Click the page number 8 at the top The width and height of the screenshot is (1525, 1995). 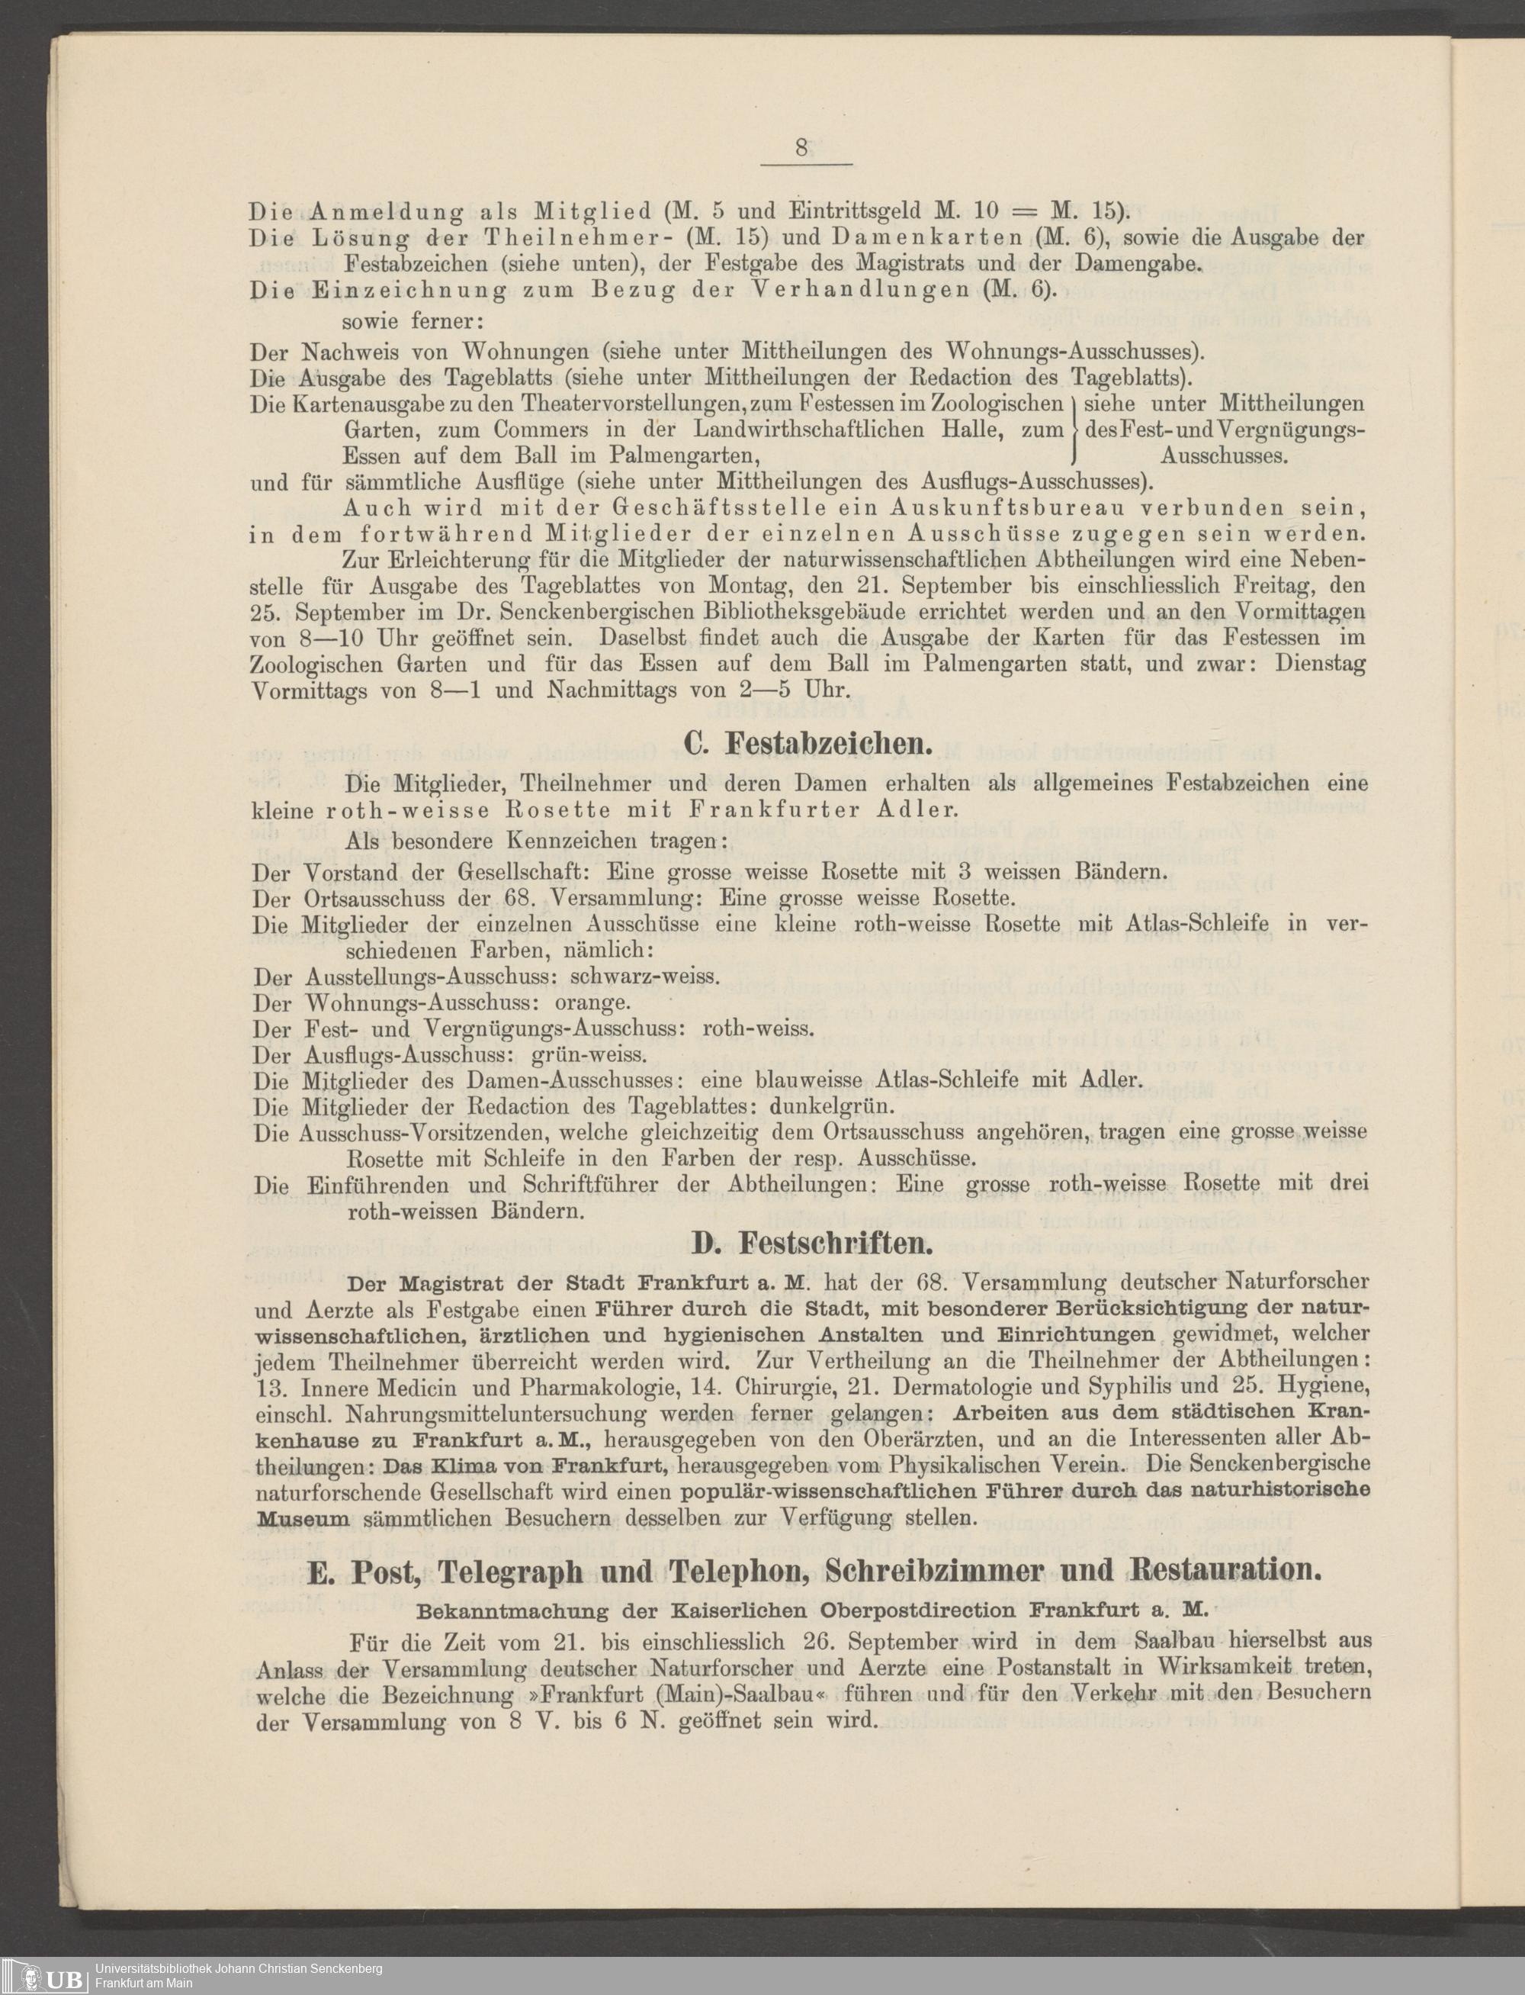pyautogui.click(x=801, y=148)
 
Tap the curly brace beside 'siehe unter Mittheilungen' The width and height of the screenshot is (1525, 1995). pyautogui.click(x=1073, y=429)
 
